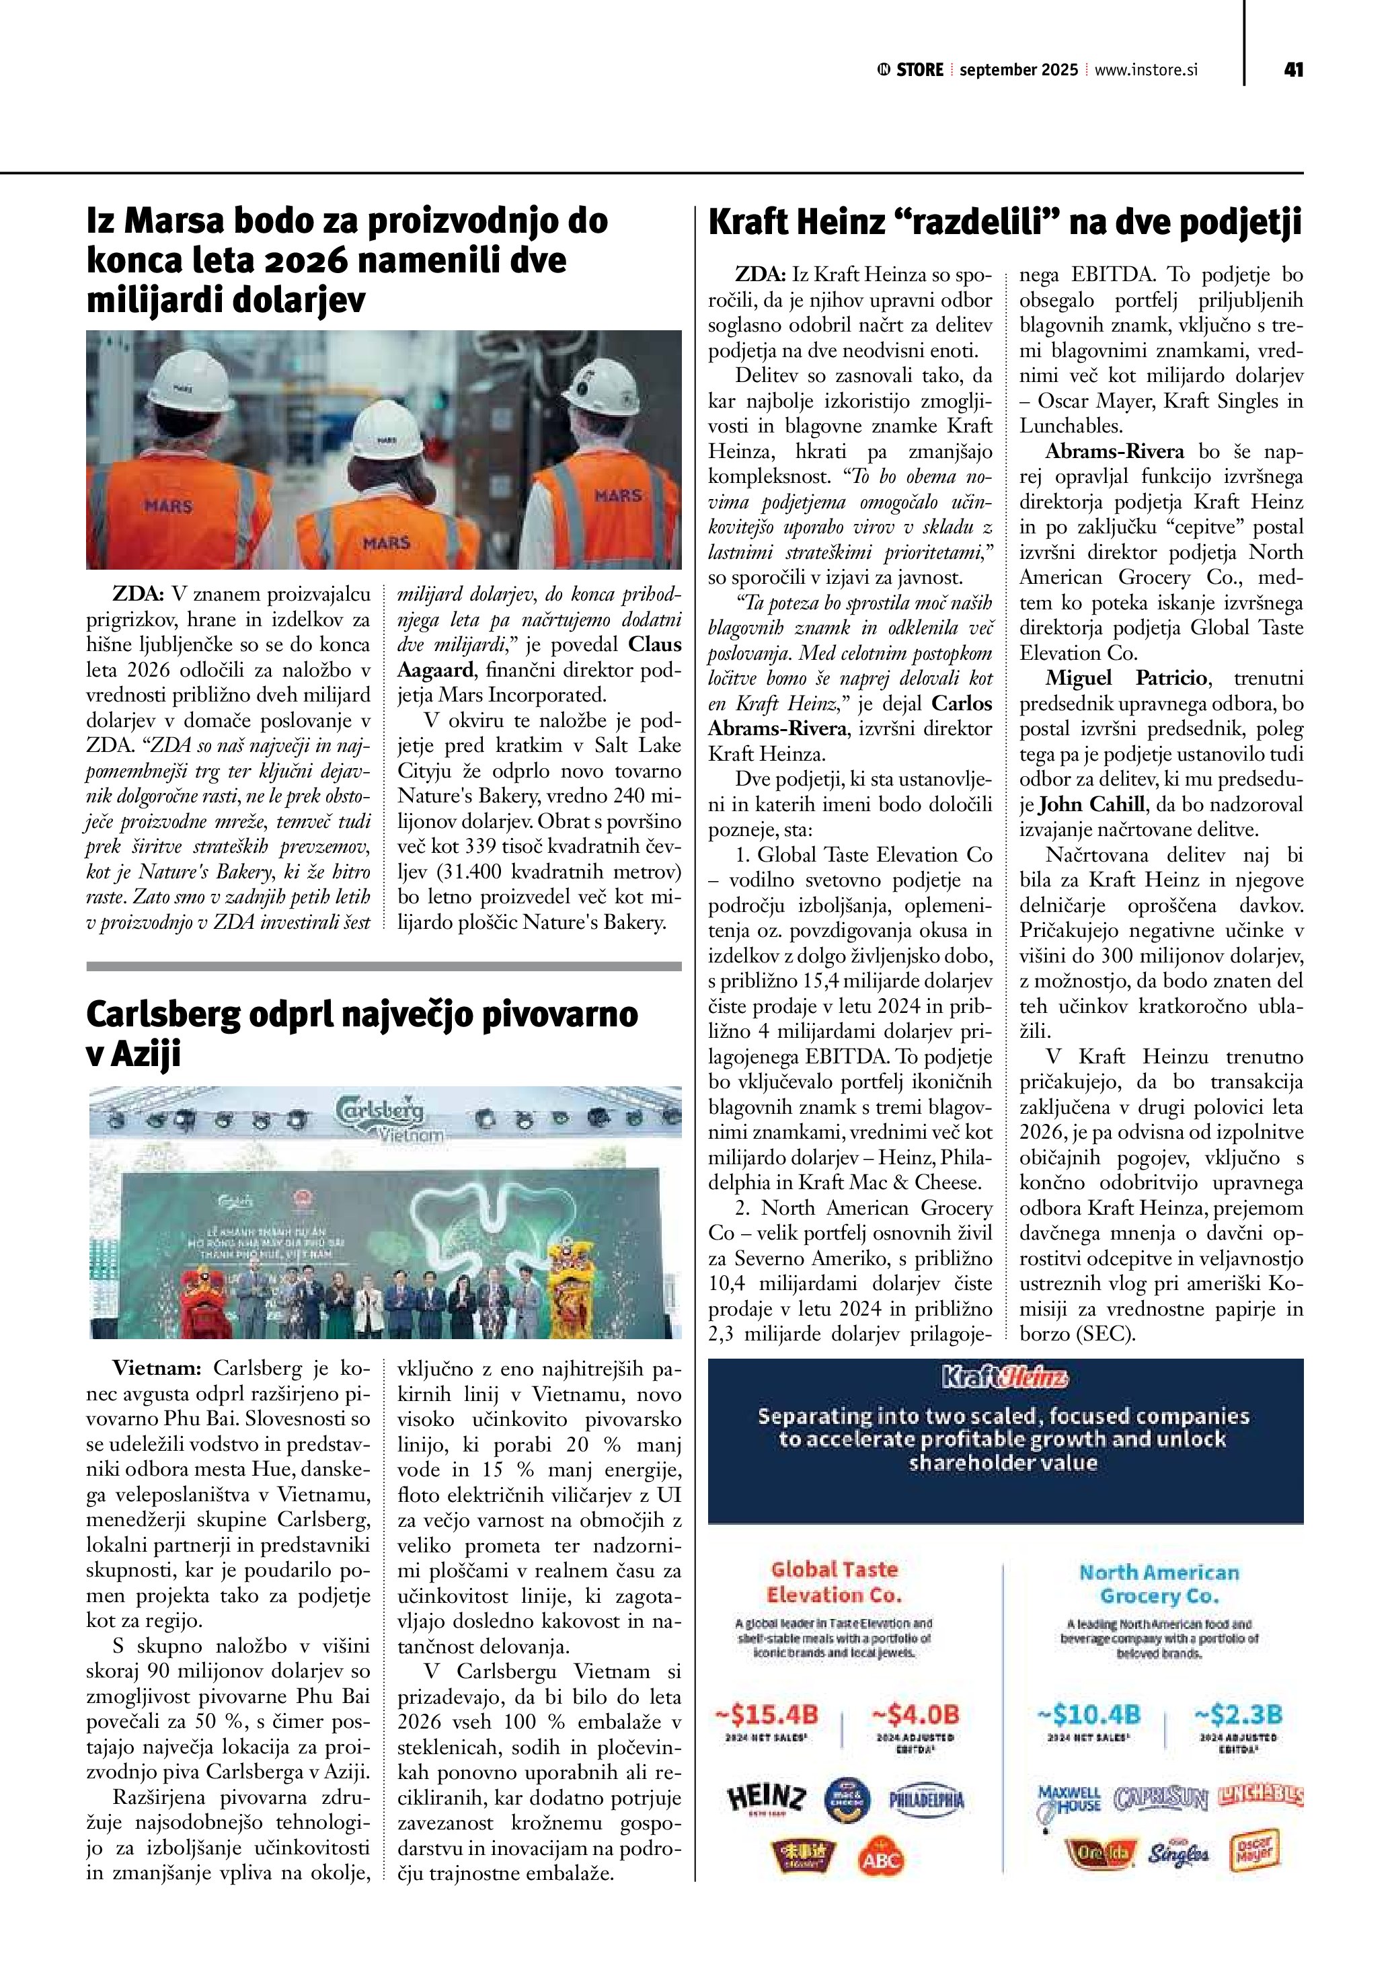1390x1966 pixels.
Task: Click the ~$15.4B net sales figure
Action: (x=768, y=1714)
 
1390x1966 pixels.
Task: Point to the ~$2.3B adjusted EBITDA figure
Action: (x=1239, y=1714)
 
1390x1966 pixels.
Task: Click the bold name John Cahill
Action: (x=1091, y=804)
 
